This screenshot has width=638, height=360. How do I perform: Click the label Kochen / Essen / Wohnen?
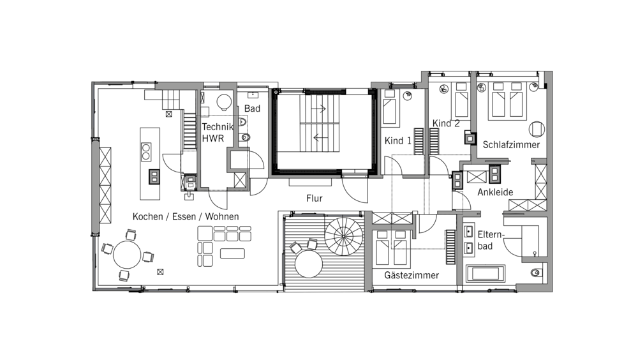click(186, 216)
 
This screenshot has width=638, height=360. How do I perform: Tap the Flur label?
click(314, 199)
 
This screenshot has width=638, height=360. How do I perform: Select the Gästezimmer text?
click(412, 275)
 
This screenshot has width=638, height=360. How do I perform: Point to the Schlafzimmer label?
click(511, 144)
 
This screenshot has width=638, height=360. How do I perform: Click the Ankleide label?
click(495, 192)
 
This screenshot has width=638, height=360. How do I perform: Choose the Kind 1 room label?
click(398, 141)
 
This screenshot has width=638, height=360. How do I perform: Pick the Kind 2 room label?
click(446, 123)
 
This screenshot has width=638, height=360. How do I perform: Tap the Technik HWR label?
click(218, 132)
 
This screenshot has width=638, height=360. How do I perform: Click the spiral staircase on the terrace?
click(343, 236)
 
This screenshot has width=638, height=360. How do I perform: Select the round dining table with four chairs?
click(127, 255)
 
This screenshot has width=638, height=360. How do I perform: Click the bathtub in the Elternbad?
click(486, 274)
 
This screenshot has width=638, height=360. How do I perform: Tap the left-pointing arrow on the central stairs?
click(320, 138)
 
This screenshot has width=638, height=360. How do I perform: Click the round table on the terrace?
click(309, 264)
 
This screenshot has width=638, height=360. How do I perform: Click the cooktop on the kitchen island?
click(146, 151)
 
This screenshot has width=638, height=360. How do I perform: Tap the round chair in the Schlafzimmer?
click(537, 129)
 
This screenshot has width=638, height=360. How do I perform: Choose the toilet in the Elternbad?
click(537, 273)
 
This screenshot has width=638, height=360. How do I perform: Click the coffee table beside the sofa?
click(232, 253)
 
